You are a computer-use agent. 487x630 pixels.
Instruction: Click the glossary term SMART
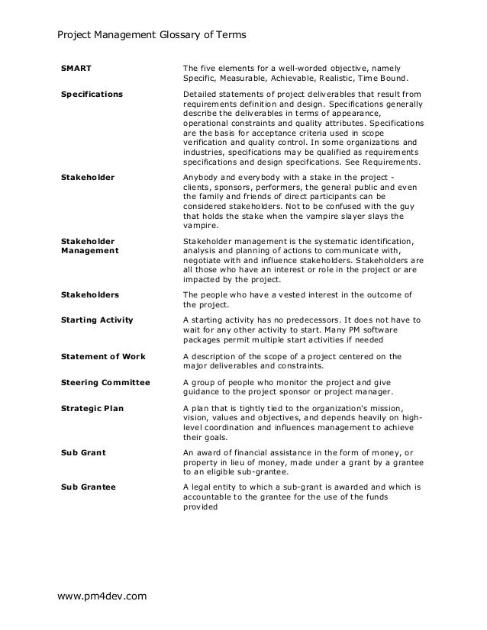76,68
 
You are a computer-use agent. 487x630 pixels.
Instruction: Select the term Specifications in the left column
92,95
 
